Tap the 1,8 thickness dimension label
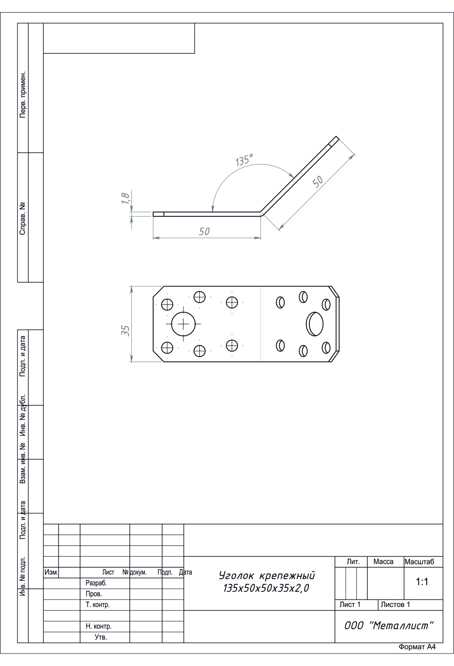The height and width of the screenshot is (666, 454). click(x=126, y=198)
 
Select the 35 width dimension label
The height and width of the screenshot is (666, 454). click(x=126, y=330)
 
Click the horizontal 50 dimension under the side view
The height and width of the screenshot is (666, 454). click(x=204, y=231)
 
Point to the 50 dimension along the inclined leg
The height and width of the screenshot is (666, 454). click(x=318, y=181)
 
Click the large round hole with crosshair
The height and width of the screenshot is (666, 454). click(x=183, y=324)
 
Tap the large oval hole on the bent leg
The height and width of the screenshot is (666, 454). click(x=315, y=324)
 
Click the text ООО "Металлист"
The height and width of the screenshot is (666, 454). click(x=388, y=626)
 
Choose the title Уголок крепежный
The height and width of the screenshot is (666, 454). click(x=267, y=576)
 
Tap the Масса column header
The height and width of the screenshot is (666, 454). click(x=383, y=562)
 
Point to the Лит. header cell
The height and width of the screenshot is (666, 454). click(x=353, y=562)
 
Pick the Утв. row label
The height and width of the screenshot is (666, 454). click(x=101, y=637)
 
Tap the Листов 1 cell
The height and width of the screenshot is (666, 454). click(x=395, y=604)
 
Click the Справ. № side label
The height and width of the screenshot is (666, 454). click(x=23, y=218)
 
